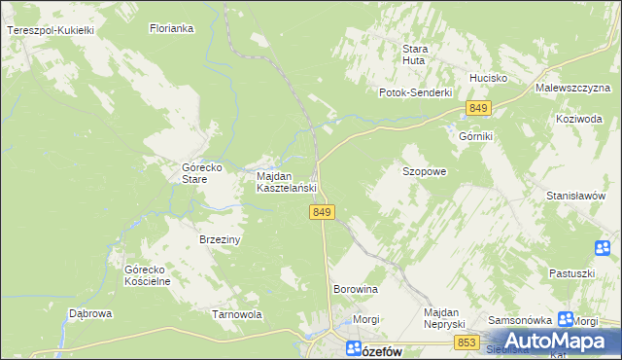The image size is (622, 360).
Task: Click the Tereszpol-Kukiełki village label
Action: pyautogui.click(x=50, y=31)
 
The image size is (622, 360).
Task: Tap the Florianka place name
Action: pyautogui.click(x=172, y=29)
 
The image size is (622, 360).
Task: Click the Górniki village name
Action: pyautogui.click(x=476, y=137)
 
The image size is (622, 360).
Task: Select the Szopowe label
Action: pyautogui.click(x=425, y=171)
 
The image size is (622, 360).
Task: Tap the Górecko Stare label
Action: pyautogui.click(x=204, y=173)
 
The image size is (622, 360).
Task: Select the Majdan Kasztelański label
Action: pyautogui.click(x=287, y=182)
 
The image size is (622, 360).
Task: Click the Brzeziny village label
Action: pyautogui.click(x=220, y=239)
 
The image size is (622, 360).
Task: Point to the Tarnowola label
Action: pyautogui.click(x=238, y=314)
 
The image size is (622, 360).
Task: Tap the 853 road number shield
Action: pyautogui.click(x=466, y=342)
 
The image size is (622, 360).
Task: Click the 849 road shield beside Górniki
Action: pyautogui.click(x=476, y=107)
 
